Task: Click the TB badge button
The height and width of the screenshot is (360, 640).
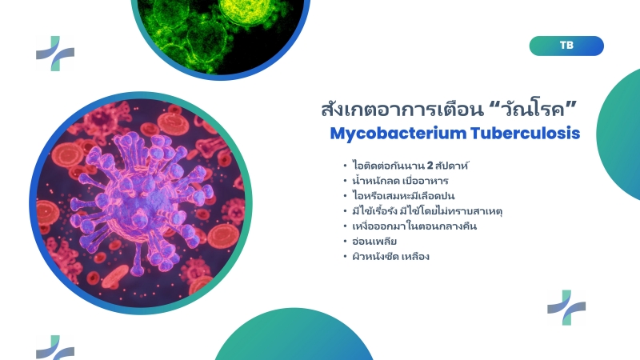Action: click(x=566, y=46)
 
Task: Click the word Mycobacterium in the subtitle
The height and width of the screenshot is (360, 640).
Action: click(x=398, y=134)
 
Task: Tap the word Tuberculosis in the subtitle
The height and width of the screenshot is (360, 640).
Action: click(x=525, y=133)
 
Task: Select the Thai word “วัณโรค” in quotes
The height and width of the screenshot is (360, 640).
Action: click(x=533, y=109)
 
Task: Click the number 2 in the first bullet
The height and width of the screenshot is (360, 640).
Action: click(x=430, y=166)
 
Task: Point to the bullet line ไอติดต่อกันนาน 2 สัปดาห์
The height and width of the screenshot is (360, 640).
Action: click(x=410, y=166)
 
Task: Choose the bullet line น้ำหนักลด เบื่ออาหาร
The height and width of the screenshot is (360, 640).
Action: click(x=400, y=181)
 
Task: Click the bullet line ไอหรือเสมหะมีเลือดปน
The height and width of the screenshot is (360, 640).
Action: click(x=403, y=195)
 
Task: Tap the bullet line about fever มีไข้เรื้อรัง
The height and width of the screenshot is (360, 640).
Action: click(x=427, y=211)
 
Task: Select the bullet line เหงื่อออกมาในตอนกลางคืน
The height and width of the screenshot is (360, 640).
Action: click(x=414, y=226)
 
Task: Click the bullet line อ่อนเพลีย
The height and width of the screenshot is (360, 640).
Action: click(x=374, y=242)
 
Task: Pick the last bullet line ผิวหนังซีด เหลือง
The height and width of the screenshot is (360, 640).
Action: click(x=390, y=256)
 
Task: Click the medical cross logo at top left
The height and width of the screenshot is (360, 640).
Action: click(x=55, y=54)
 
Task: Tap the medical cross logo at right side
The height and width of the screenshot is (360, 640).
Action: click(x=566, y=307)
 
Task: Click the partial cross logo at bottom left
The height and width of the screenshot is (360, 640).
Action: click(x=55, y=348)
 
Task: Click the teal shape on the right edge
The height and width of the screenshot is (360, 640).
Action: click(x=619, y=134)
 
